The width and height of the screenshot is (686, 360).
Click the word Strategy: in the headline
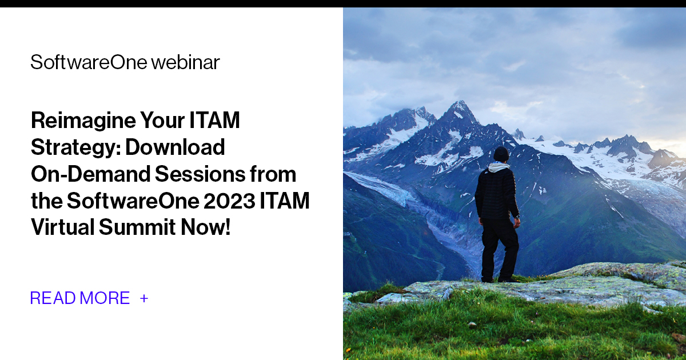[75, 147]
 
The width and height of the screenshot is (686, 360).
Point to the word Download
[175, 147]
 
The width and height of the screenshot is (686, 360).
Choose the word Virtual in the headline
[62, 227]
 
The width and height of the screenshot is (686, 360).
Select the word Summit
[136, 227]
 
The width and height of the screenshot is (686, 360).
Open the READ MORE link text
[80, 298]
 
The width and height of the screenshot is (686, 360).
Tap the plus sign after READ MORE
[144, 298]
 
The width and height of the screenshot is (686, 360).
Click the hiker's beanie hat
[501, 154]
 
